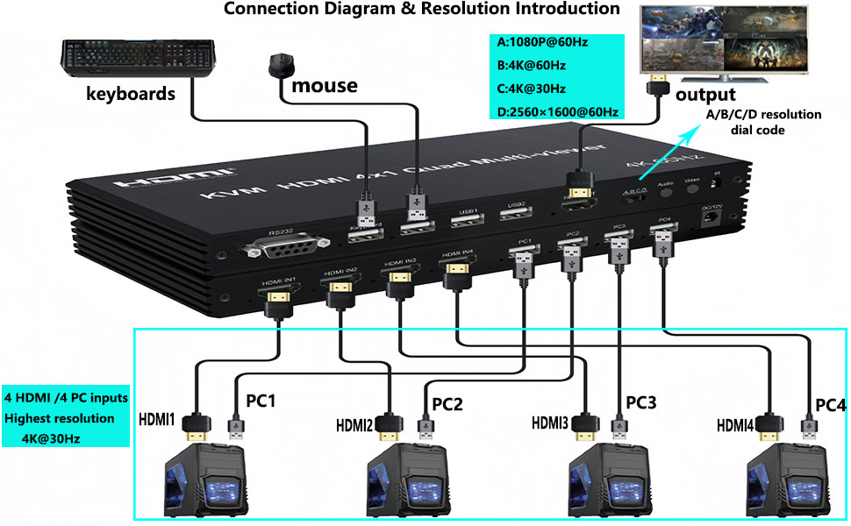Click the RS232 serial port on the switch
[x=279, y=246]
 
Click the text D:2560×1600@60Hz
[x=558, y=111]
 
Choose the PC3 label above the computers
[x=640, y=402]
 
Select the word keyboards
[x=130, y=93]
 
